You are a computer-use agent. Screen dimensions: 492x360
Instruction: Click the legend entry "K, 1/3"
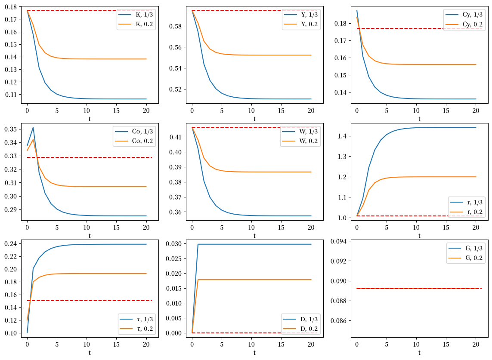tap(136, 15)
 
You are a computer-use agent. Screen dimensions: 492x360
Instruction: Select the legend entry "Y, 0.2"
tap(301, 24)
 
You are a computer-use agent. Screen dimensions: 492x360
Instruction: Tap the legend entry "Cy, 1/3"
tap(464, 15)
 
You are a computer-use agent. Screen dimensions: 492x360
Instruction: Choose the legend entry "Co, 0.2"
tap(134, 141)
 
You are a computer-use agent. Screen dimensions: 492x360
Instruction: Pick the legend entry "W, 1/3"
tap(300, 132)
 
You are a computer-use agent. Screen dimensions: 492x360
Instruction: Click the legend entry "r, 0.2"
tap(466, 212)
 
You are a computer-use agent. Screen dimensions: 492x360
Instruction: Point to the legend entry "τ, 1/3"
tap(136, 319)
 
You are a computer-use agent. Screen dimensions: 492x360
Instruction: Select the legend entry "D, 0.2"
tap(301, 329)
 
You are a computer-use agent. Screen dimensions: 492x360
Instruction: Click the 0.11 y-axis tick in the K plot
tap(11, 94)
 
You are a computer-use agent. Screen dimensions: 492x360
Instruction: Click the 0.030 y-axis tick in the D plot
tap(174, 244)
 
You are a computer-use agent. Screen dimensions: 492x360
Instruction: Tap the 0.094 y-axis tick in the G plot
tap(339, 241)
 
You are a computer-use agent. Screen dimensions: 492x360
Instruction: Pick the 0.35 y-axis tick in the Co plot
tap(11, 129)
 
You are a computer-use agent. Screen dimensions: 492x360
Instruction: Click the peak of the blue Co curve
tap(33, 127)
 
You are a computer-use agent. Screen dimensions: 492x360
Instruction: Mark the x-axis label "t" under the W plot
tap(254, 236)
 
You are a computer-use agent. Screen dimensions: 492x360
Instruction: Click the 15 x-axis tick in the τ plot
tap(116, 345)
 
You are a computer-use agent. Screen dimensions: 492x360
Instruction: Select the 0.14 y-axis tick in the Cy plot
tap(340, 92)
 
